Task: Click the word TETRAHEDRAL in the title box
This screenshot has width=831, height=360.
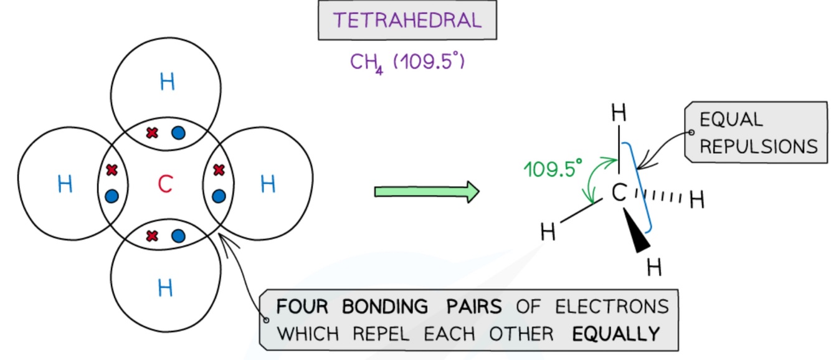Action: click(407, 20)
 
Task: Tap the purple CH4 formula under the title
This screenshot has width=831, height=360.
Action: click(366, 63)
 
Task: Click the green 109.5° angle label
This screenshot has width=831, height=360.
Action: click(553, 169)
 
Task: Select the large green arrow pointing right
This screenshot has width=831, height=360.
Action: click(427, 192)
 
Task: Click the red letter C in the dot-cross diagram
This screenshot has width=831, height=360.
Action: click(166, 184)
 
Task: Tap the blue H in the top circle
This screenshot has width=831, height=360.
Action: click(168, 82)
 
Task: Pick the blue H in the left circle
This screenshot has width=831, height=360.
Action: click(65, 184)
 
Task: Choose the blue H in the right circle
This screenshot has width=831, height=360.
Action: click(268, 184)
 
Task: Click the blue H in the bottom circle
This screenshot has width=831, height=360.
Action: click(166, 288)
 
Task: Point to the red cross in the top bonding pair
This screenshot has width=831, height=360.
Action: click(152, 133)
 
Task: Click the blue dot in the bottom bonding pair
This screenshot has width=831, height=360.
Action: click(178, 236)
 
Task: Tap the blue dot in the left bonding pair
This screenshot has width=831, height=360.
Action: click(112, 196)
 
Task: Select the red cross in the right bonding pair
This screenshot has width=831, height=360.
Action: click(219, 170)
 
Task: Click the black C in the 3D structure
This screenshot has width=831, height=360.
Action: click(619, 193)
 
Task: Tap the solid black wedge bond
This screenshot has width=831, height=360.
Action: click(637, 230)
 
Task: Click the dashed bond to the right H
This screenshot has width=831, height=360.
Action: click(658, 196)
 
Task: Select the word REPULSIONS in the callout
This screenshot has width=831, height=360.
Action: click(759, 146)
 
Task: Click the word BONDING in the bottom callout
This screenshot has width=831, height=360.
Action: click(385, 306)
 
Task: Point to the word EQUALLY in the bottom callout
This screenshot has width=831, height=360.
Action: click(616, 334)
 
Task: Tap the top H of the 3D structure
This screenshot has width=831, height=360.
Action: click(619, 113)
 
